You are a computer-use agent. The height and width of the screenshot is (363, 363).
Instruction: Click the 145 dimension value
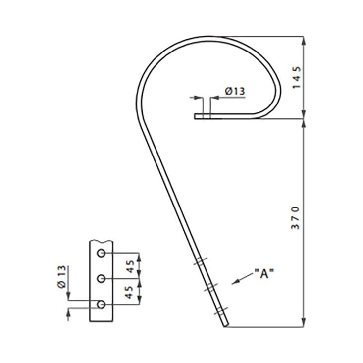point(297,77)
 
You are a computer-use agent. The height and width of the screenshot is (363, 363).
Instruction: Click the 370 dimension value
point(295,218)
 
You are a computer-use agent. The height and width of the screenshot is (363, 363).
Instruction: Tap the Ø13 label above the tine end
point(235,91)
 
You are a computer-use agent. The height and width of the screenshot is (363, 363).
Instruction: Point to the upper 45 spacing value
point(130,266)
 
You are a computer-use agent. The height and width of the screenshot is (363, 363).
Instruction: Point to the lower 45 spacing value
point(129,292)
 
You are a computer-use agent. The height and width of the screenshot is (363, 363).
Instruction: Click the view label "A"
point(264,274)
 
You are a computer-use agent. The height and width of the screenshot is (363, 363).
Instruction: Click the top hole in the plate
point(101,253)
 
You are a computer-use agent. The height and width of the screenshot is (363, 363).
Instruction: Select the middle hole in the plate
point(101,278)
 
